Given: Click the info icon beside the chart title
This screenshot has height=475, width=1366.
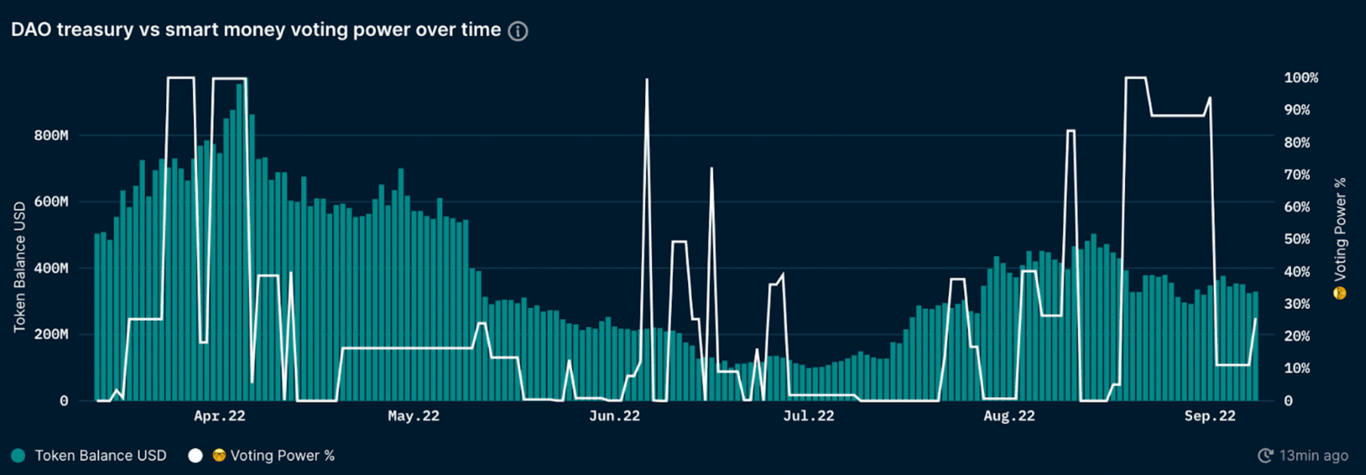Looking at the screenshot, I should [518, 31].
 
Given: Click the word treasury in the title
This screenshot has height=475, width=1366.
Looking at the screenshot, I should [95, 30].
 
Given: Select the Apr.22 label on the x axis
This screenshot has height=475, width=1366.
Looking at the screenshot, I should [220, 416].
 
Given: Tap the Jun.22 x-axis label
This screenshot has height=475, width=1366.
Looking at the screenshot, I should [614, 416].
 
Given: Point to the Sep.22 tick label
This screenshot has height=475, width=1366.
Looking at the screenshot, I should [1210, 416].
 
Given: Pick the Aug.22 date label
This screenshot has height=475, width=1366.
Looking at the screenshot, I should [1009, 416].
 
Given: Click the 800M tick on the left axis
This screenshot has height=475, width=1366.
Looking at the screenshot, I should [51, 135].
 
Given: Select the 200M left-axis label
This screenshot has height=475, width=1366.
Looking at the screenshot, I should [51, 334].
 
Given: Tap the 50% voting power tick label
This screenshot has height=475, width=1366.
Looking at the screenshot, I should [1297, 239].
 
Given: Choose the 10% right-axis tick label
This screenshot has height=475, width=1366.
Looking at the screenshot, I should [1297, 368].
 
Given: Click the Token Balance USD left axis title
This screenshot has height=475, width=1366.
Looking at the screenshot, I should [20, 267].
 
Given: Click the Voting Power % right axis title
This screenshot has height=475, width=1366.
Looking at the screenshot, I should [1340, 229].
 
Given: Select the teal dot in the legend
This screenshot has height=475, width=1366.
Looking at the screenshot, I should [19, 455].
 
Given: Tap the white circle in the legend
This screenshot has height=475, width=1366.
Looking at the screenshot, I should [195, 455].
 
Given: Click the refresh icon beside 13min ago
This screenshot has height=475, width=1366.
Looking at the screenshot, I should [1265, 455].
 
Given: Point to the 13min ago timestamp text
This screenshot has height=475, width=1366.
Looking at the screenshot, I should [1313, 455].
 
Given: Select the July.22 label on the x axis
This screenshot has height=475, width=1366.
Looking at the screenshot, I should [809, 416].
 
